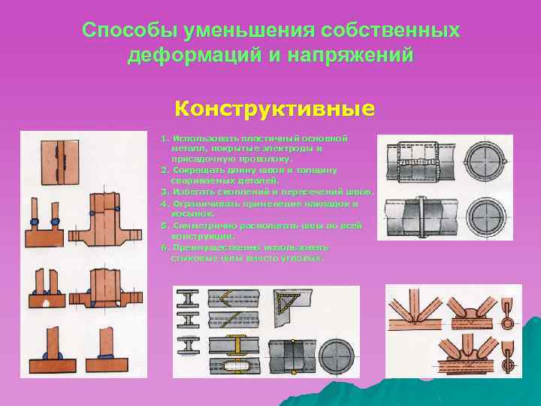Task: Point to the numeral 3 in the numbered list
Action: click(x=163, y=192)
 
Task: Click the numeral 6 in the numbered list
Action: click(x=163, y=247)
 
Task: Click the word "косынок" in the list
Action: click(x=187, y=214)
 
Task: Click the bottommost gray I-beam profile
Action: click(x=188, y=367)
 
